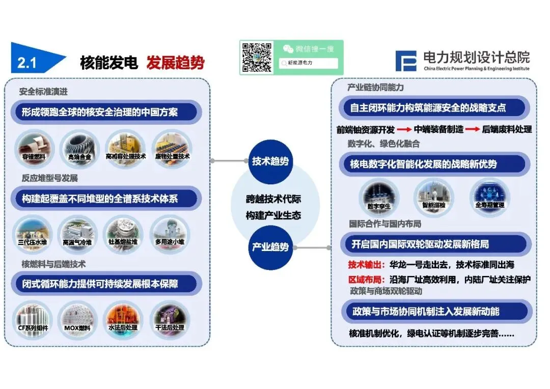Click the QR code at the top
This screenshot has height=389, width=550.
[x=257, y=57]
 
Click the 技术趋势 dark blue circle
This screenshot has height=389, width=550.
[x=270, y=161]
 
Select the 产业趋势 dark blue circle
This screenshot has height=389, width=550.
[x=270, y=247]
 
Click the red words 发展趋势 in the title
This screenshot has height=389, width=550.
[x=175, y=63]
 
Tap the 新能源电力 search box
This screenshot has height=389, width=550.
[x=309, y=63]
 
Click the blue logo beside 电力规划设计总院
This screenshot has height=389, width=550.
[x=407, y=61]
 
